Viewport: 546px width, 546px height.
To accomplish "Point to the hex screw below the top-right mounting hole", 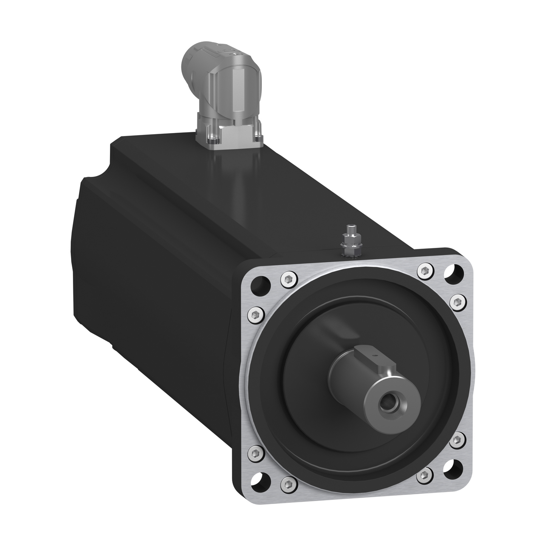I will click(458, 301).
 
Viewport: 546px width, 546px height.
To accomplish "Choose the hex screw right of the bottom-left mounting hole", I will click(288, 483).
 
